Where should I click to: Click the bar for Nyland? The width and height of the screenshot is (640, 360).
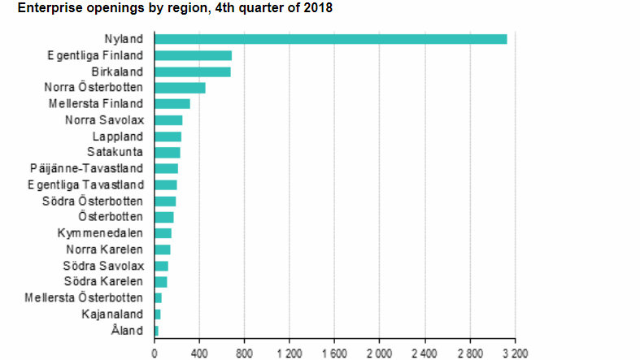pos(330,39)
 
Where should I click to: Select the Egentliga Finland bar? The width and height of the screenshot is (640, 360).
pos(193,55)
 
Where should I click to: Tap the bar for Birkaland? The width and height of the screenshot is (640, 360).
pos(192,72)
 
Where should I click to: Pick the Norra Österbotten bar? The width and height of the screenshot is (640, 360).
pos(180,88)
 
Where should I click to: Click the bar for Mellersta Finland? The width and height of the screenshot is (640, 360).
pos(172,104)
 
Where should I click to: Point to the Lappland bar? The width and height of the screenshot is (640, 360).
pos(168,137)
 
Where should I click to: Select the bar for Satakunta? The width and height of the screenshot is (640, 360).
pos(167,152)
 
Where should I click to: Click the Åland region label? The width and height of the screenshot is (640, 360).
pos(128,330)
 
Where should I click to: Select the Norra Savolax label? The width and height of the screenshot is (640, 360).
pos(104,120)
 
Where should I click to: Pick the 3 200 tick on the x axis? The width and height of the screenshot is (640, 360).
pos(514,353)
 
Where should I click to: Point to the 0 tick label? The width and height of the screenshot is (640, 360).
pos(155,353)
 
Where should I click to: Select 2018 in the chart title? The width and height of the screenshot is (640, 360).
pos(317,8)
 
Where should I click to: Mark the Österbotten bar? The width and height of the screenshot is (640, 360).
pos(163,217)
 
